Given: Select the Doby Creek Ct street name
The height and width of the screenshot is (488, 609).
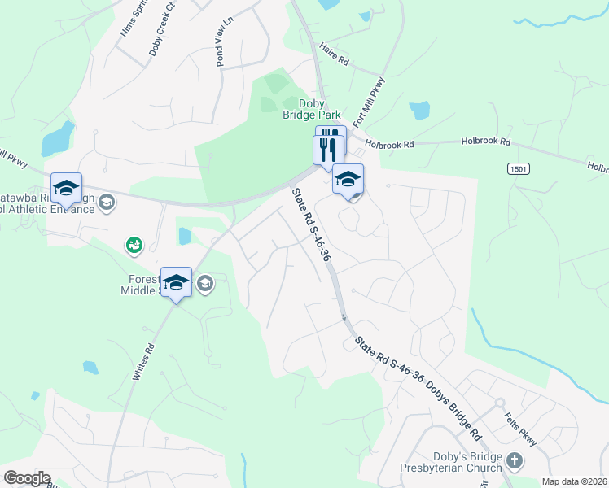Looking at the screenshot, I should point(161,33).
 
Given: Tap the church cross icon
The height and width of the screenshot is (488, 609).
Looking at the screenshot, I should point(514,461).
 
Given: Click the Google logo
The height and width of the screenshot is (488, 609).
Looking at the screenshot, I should point(27,478).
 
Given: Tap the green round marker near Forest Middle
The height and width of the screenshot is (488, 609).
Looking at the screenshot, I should point(134,243).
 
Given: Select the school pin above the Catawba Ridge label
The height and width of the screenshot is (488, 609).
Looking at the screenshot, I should point(66,189).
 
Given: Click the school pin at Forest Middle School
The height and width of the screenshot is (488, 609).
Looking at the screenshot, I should point(176,282).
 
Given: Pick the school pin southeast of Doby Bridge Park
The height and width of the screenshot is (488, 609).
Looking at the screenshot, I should point(348,179).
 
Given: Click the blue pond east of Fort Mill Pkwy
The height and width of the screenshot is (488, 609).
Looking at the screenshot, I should point(419,111).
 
